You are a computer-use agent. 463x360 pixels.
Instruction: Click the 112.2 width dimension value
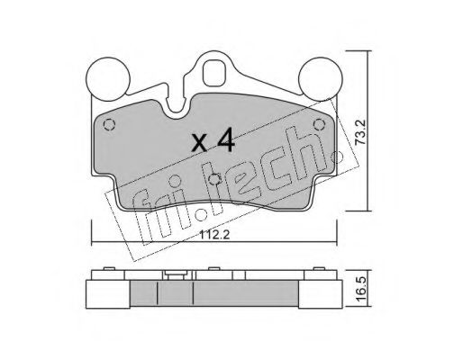point(214,235)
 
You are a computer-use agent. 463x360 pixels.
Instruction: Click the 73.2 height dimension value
point(360,132)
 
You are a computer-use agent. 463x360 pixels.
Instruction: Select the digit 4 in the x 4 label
point(225,139)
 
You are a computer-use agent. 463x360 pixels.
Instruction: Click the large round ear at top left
point(108,79)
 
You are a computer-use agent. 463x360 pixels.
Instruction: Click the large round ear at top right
point(321,79)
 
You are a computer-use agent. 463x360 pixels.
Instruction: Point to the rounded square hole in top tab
point(213,73)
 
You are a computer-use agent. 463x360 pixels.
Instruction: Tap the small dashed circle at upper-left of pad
point(109,124)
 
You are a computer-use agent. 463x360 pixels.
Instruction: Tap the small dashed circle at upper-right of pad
point(319,124)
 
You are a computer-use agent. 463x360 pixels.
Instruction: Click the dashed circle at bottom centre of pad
point(215,179)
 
